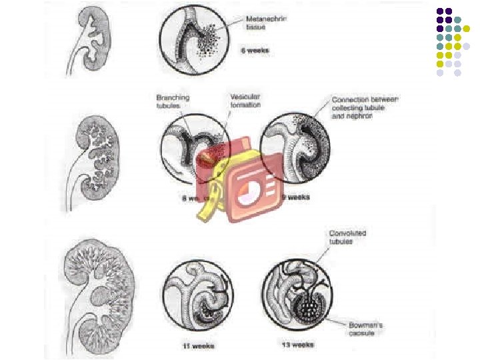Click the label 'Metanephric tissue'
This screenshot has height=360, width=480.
point(265,23)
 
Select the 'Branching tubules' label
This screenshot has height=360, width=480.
point(173,101)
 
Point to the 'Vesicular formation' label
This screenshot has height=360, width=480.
point(245,101)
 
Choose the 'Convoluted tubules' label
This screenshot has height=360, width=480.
point(347,237)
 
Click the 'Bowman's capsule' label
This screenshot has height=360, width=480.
point(366,329)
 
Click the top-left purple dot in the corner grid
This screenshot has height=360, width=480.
point(440,11)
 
